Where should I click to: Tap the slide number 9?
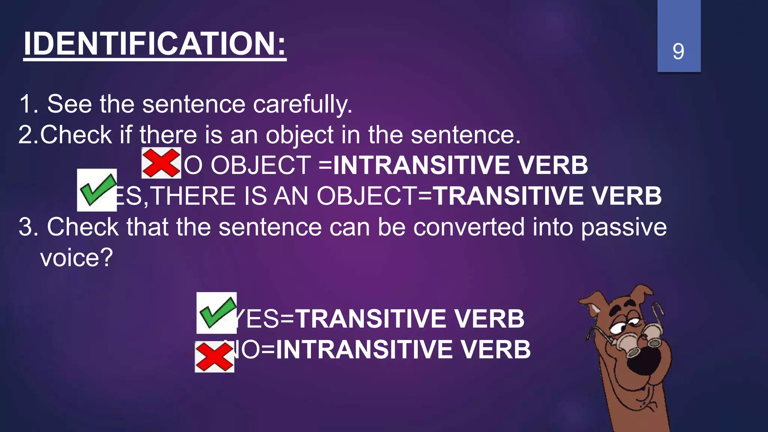tap(678, 51)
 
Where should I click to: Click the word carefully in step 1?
tap(303, 104)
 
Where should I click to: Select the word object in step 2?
tap(300, 135)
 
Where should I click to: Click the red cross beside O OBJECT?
tap(161, 163)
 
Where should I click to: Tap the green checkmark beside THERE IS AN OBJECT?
tap(97, 190)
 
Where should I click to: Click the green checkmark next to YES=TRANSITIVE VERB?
tap(216, 313)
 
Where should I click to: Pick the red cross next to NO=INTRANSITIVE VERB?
tap(214, 357)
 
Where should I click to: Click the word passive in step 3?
tap(624, 228)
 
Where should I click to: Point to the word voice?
tap(76, 258)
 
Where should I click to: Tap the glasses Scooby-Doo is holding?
tap(637, 337)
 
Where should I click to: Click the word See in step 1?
tap(69, 104)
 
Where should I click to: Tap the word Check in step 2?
tap(76, 135)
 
